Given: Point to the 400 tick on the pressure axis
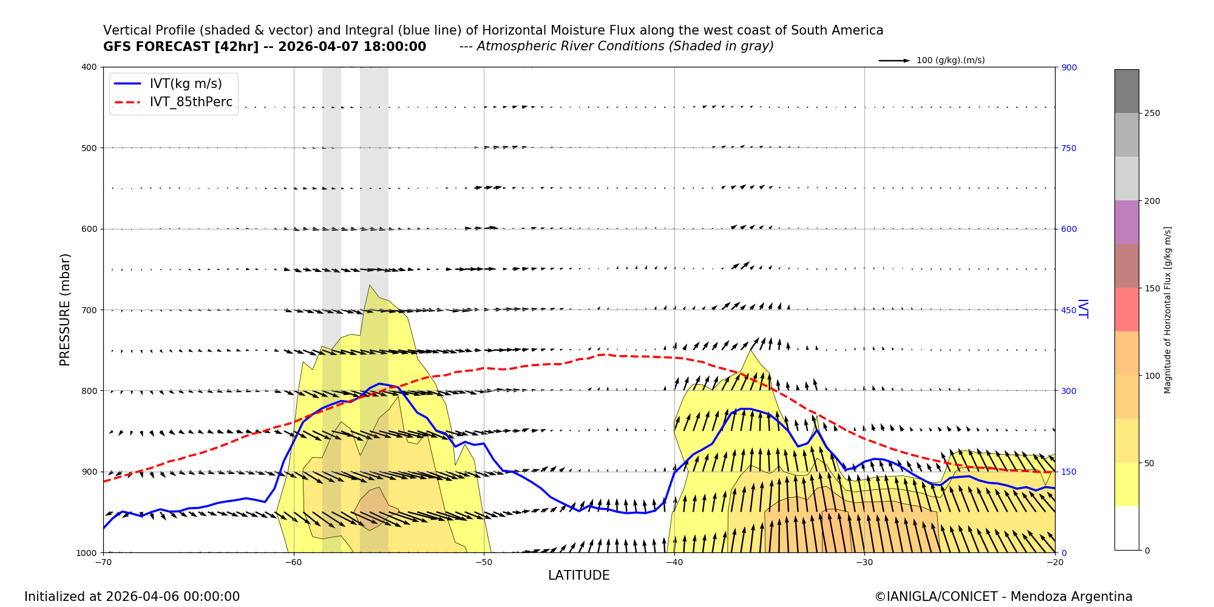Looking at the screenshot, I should [x=90, y=67].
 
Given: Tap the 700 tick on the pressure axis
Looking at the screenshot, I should [x=90, y=310].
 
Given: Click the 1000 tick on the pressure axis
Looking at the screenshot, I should [x=87, y=552].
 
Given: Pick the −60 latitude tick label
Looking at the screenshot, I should [x=293, y=562].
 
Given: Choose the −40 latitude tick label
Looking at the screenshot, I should [x=674, y=562].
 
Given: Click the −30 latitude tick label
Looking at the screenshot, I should [x=864, y=562].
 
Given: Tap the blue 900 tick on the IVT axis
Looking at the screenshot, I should [x=1069, y=67].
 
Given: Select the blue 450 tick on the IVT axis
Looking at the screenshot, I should [x=1069, y=310].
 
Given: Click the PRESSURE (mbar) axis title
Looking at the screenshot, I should [x=65, y=310].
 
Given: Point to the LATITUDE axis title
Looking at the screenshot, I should [x=578, y=575].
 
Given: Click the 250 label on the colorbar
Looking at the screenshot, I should [x=1152, y=114].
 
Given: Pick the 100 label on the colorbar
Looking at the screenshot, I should [x=1152, y=376].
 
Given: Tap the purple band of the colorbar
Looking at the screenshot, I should [x=1126, y=222].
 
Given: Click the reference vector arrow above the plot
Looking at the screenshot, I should [x=894, y=61].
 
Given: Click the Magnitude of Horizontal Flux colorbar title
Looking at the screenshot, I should [x=1168, y=310].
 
